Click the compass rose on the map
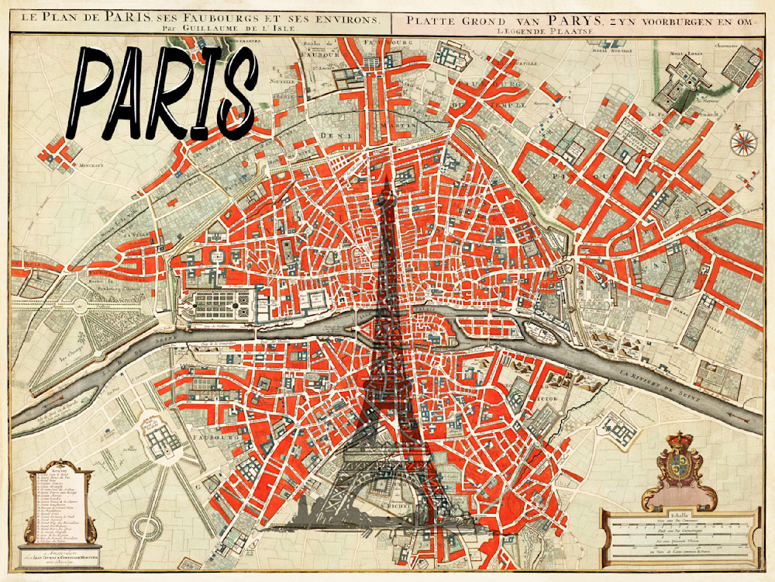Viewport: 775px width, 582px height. pyautogui.click(x=743, y=141)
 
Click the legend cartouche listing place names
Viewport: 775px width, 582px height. pyautogui.click(x=60, y=504)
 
